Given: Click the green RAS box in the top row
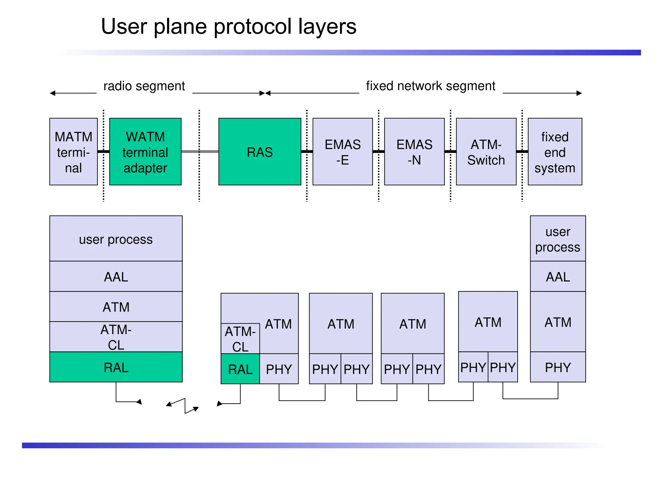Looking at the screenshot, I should point(260,152).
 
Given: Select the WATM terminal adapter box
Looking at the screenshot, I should point(145,152).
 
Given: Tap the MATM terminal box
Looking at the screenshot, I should point(73,152).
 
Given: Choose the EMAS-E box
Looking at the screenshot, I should point(343,152).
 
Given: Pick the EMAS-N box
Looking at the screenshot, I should point(414,152).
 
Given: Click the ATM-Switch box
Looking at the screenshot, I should point(486,152).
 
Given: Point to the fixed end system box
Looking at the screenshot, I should point(555,152).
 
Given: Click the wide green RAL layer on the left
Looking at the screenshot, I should point(116,367).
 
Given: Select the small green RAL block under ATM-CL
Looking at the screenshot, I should point(240,369).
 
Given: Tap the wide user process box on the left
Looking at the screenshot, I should point(116,239).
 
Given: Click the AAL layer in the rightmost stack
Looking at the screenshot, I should point(557,277).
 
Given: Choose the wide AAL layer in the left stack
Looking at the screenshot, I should point(116,277).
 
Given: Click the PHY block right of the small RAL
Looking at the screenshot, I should point(279,369).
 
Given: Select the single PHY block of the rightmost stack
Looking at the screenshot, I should point(557,367).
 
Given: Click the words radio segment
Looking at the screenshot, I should point(144,86).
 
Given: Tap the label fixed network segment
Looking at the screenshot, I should point(431,86).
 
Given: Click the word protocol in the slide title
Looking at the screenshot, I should point(253,27).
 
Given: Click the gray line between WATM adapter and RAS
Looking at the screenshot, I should point(200,151).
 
